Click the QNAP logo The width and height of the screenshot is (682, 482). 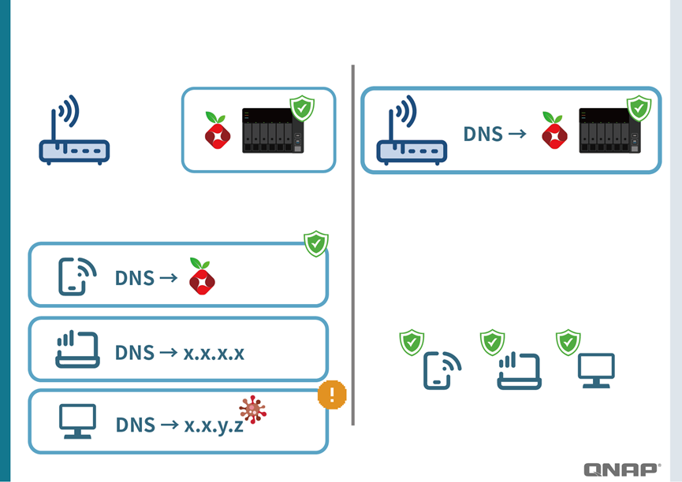pos(621,469)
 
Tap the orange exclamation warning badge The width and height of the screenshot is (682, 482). pos(332,395)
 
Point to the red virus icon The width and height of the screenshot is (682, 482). pos(253,410)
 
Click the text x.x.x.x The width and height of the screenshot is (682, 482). pos(214,352)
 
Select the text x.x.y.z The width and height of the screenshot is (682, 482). pos(214,425)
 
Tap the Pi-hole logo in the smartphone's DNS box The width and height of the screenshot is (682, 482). pos(203,276)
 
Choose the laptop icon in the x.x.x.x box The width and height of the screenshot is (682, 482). pos(77,350)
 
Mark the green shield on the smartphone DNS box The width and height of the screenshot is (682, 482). pos(316,244)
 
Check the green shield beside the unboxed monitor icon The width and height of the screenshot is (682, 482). pos(568,343)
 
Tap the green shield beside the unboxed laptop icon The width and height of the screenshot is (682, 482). pos(492,343)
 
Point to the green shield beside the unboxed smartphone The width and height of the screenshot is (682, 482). pos(412,343)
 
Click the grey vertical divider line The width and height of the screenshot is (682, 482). pos(352,244)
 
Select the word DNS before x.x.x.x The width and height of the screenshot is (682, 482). pos(135,352)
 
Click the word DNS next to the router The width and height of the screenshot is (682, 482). pos(483,134)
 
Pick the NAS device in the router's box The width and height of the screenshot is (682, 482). pos(609,130)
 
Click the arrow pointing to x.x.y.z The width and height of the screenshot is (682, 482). pos(170,425)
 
